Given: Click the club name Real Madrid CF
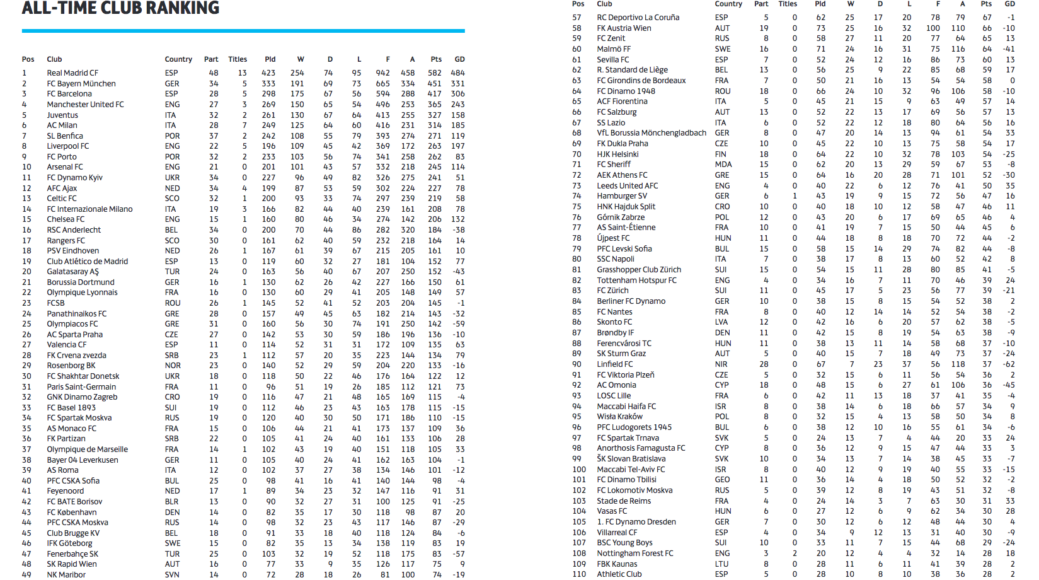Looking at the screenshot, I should point(72,73).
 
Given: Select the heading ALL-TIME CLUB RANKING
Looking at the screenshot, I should point(120,8).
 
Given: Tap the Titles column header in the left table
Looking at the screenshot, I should point(238,59).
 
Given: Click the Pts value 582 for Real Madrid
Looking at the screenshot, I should point(434,73).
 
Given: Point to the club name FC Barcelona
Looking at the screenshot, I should point(69,94).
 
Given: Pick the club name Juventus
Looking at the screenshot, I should point(62,115).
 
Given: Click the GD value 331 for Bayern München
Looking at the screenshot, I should point(457,84).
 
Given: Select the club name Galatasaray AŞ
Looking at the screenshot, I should point(72,272).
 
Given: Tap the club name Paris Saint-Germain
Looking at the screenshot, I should point(81,387).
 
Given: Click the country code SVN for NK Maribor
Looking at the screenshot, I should point(172,575).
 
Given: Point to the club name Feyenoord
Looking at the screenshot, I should point(65,491).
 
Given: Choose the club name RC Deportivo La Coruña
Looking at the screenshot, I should point(638,18).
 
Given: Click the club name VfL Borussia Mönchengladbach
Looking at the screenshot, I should point(652,133).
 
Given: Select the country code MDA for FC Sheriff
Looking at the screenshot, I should point(723,165).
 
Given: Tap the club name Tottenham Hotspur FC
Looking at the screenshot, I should point(636,281).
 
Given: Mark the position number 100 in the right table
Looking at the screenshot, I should point(578,470).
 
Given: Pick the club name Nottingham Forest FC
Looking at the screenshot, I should point(634,554).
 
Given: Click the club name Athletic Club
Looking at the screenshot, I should point(619,574).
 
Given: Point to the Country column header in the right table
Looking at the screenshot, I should point(728,4).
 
